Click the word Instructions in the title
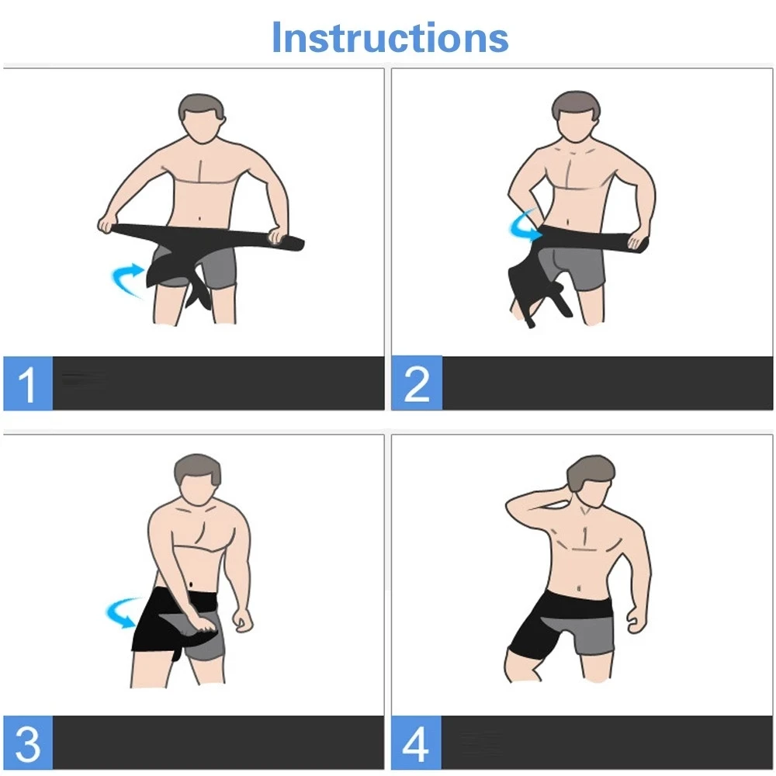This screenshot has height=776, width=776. tap(390, 37)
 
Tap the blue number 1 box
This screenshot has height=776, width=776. tap(28, 383)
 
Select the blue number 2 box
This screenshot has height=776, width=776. tap(417, 383)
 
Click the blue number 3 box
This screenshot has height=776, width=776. tap(28, 743)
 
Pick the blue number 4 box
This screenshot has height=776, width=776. tap(416, 743)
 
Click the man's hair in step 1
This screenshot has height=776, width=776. tap(200, 105)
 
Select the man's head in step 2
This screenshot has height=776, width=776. tap(576, 117)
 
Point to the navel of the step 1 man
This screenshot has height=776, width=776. tap(199, 218)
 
